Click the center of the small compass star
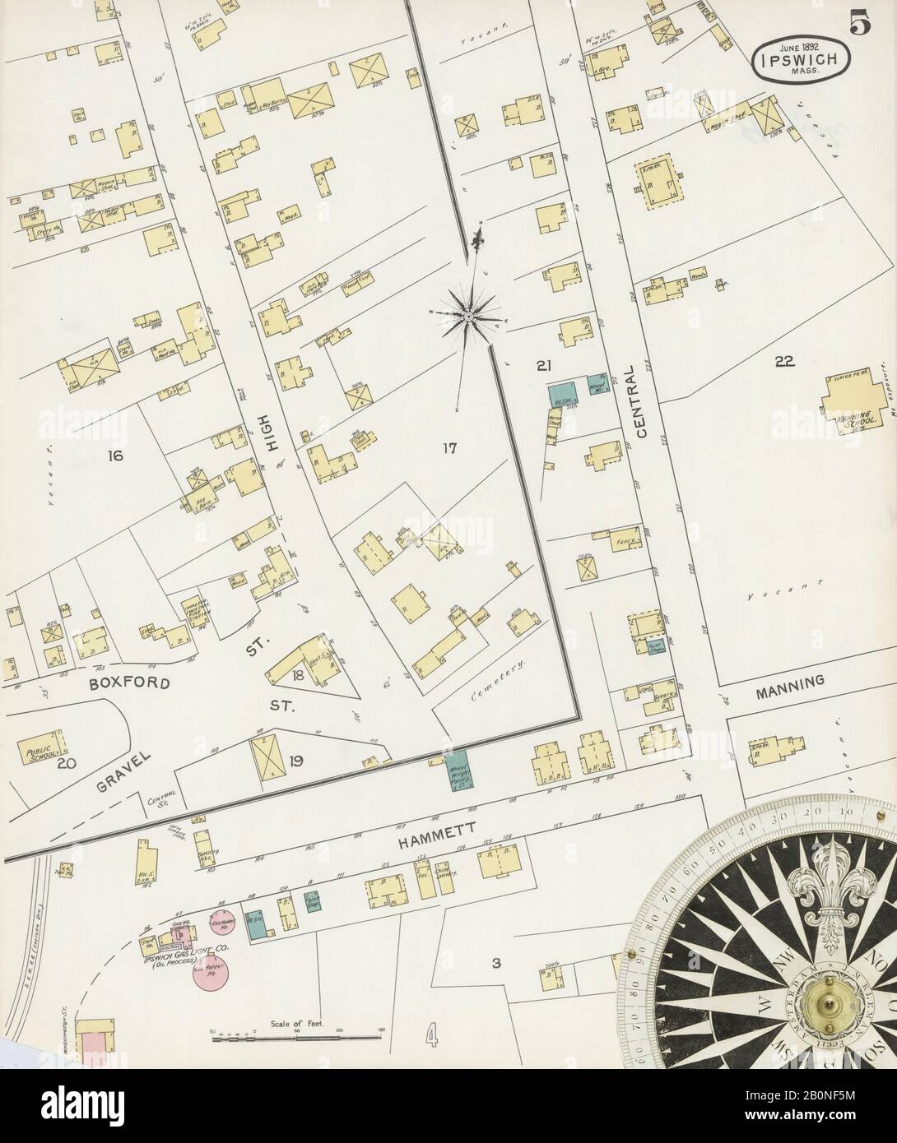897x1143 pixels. click(x=467, y=316)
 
